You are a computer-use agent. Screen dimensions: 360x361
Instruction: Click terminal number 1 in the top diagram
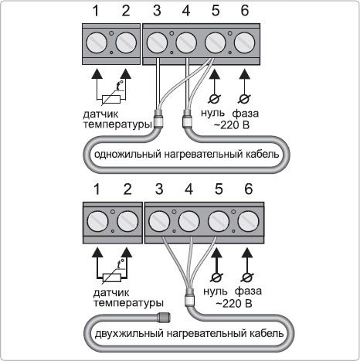96,11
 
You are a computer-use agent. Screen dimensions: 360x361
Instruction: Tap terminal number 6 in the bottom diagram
248,189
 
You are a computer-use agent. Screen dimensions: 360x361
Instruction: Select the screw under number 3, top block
157,43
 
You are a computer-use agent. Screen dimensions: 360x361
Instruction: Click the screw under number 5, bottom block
219,221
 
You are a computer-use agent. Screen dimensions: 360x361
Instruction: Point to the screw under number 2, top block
126,43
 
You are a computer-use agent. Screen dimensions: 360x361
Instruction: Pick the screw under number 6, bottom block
248,221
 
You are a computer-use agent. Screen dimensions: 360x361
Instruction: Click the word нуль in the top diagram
212,113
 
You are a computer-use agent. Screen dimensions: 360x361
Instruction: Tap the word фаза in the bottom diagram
248,291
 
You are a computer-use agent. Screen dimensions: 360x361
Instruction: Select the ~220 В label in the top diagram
232,125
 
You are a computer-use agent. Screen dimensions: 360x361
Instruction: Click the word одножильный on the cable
127,155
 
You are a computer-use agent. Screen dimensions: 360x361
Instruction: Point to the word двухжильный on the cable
129,333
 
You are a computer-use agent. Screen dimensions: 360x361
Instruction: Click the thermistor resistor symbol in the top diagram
111,99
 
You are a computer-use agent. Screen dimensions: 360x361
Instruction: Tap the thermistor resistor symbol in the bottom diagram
112,278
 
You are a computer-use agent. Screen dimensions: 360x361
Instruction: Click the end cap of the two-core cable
164,317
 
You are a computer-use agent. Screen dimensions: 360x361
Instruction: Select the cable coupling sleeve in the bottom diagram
189,297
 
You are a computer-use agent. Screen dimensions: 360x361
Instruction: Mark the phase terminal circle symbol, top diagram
244,99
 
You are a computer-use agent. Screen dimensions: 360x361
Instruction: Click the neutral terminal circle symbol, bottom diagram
217,278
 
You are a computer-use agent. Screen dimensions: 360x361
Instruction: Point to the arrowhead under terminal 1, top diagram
97,73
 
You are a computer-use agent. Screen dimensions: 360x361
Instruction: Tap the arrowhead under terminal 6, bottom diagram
247,253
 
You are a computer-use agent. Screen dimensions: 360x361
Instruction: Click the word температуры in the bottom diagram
128,302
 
